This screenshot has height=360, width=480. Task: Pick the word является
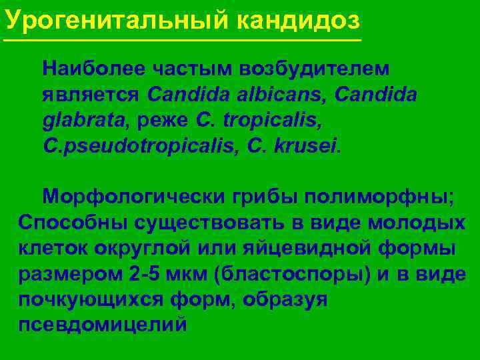click(91, 95)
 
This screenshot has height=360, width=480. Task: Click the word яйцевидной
click(327, 248)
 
